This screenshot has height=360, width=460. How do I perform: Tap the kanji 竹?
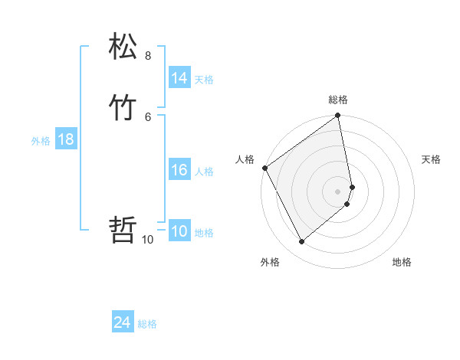click(123, 107)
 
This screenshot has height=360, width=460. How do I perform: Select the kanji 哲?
click(123, 229)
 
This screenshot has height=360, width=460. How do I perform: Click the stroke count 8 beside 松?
click(148, 56)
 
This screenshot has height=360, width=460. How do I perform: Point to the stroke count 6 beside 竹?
click(148, 116)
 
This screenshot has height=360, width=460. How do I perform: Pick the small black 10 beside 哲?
click(148, 240)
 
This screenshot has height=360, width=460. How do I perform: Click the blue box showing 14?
click(179, 78)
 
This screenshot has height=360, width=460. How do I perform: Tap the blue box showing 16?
click(179, 170)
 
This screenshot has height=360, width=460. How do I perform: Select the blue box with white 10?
click(179, 232)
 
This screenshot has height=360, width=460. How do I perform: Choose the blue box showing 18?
click(66, 139)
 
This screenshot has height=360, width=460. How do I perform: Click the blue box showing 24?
click(123, 323)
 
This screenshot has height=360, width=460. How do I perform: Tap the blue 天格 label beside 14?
click(204, 80)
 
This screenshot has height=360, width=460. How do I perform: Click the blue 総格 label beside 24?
click(147, 325)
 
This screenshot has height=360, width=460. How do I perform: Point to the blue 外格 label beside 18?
click(41, 141)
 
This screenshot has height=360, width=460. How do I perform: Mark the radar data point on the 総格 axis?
click(338, 116)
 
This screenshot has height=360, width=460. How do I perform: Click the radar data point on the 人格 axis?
click(264, 168)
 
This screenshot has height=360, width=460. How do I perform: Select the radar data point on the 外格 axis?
click(301, 242)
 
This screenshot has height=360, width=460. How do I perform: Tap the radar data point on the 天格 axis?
click(352, 187)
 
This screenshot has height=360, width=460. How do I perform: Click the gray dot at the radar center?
click(338, 191)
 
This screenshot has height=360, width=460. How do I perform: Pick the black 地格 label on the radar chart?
click(402, 262)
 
